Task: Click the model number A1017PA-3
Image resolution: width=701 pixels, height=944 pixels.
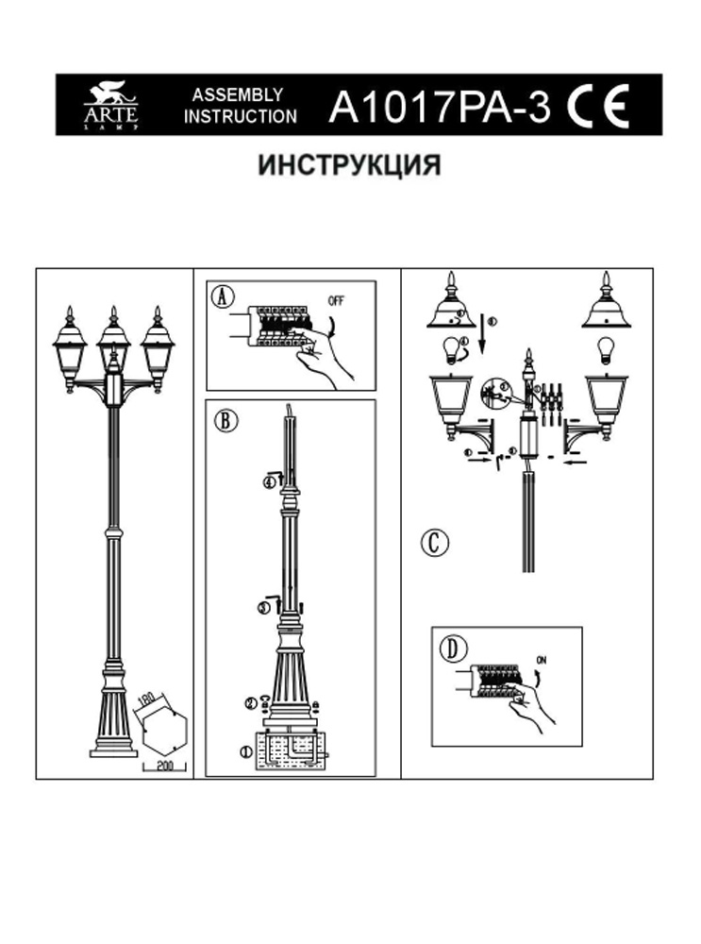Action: [438, 106]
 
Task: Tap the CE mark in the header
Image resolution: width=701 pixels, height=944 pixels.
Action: [599, 106]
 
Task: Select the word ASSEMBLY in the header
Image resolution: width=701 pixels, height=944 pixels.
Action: [238, 94]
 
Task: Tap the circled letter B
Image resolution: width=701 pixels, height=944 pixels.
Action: [225, 421]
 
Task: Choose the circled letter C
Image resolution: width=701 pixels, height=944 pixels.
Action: [434, 543]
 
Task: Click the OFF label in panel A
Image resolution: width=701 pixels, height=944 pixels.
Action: [336, 301]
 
